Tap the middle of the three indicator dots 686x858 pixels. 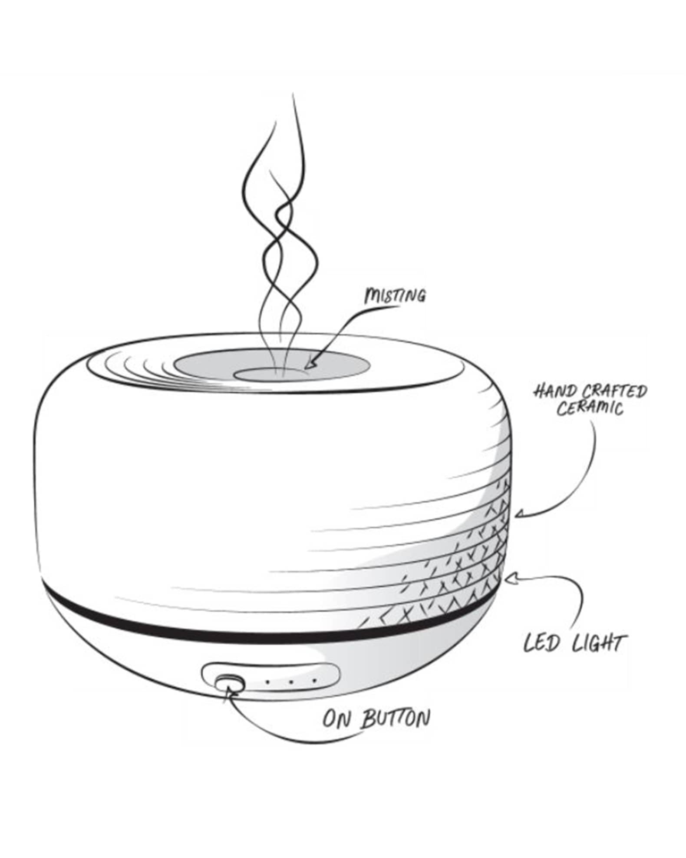coord(292,682)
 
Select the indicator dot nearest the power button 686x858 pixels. coord(268,682)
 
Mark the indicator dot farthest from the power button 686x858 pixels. coord(315,681)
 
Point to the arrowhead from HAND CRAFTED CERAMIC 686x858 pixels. coord(519,515)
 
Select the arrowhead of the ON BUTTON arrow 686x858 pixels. coord(228,692)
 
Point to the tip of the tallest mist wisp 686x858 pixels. coord(294,95)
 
